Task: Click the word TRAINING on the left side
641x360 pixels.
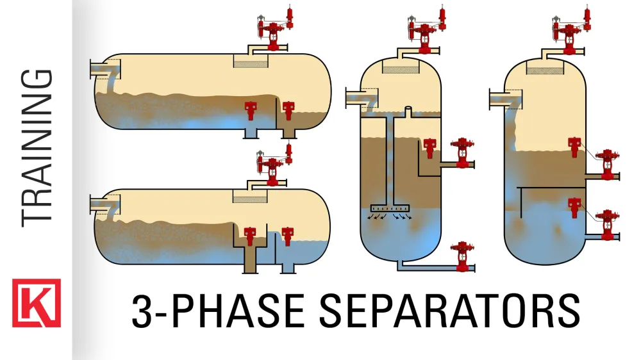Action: click(37, 147)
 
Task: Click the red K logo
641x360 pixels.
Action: click(36, 303)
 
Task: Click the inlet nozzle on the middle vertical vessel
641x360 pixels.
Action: click(356, 97)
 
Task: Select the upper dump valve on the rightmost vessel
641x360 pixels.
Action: click(605, 163)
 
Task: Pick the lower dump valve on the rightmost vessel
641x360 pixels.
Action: click(605, 225)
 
